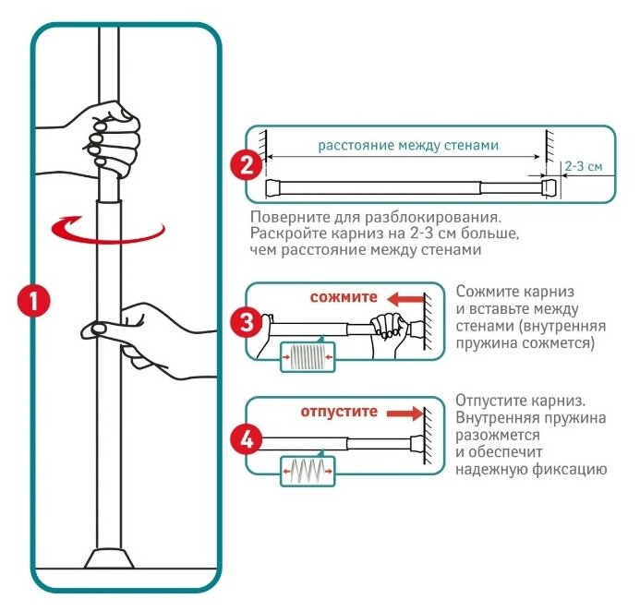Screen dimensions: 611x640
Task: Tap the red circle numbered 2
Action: click(x=243, y=167)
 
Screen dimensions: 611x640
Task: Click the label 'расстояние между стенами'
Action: click(x=407, y=146)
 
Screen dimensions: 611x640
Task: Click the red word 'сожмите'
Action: click(x=344, y=298)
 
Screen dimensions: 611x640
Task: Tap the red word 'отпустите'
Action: click(x=340, y=412)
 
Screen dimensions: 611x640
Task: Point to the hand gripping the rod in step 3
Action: click(x=388, y=326)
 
